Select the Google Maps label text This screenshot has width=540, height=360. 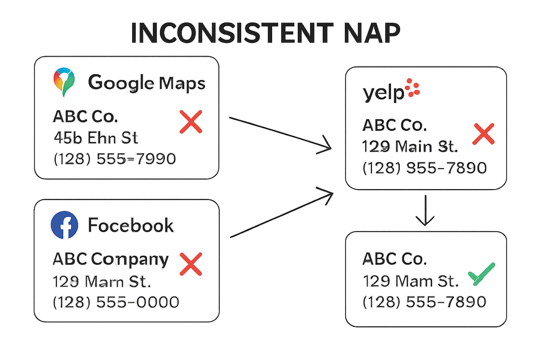coord(146,83)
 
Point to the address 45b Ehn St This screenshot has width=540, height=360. coord(96,138)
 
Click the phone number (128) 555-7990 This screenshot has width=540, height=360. coord(115,159)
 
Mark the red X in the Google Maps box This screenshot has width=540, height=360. coord(191,122)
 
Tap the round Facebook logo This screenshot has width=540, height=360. coord(64,225)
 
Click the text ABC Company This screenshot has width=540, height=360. coord(111,259)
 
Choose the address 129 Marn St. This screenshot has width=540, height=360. coord(102,281)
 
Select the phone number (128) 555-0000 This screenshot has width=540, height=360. coord(116,302)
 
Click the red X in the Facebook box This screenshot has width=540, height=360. coord(191,264)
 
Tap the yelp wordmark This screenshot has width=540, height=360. coord(384,93)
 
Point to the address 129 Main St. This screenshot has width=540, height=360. coord(410,146)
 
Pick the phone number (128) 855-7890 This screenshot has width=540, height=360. coord(425,168)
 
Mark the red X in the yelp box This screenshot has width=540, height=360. coord(483,134)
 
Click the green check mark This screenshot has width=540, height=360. coord(481,274)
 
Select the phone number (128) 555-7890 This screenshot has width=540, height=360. coord(424,302)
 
